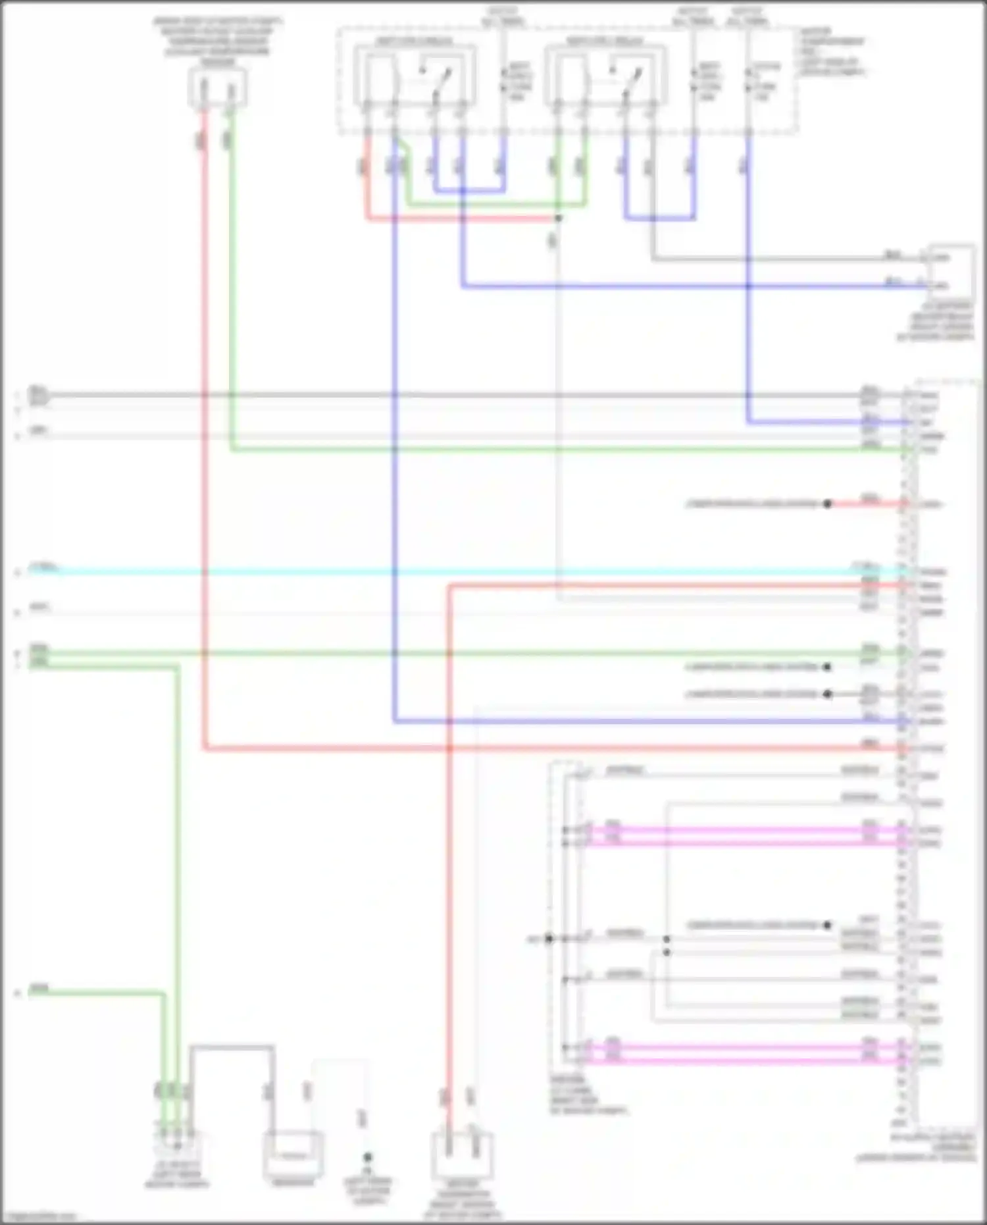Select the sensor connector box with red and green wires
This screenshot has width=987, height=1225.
[217, 88]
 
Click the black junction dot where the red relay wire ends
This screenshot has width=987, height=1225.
[557, 218]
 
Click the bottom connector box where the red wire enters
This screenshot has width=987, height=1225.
[461, 1155]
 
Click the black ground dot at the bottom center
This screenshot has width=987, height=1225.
[367, 1157]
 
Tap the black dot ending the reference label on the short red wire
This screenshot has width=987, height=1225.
[827, 504]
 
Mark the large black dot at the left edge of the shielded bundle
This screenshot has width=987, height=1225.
[549, 939]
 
